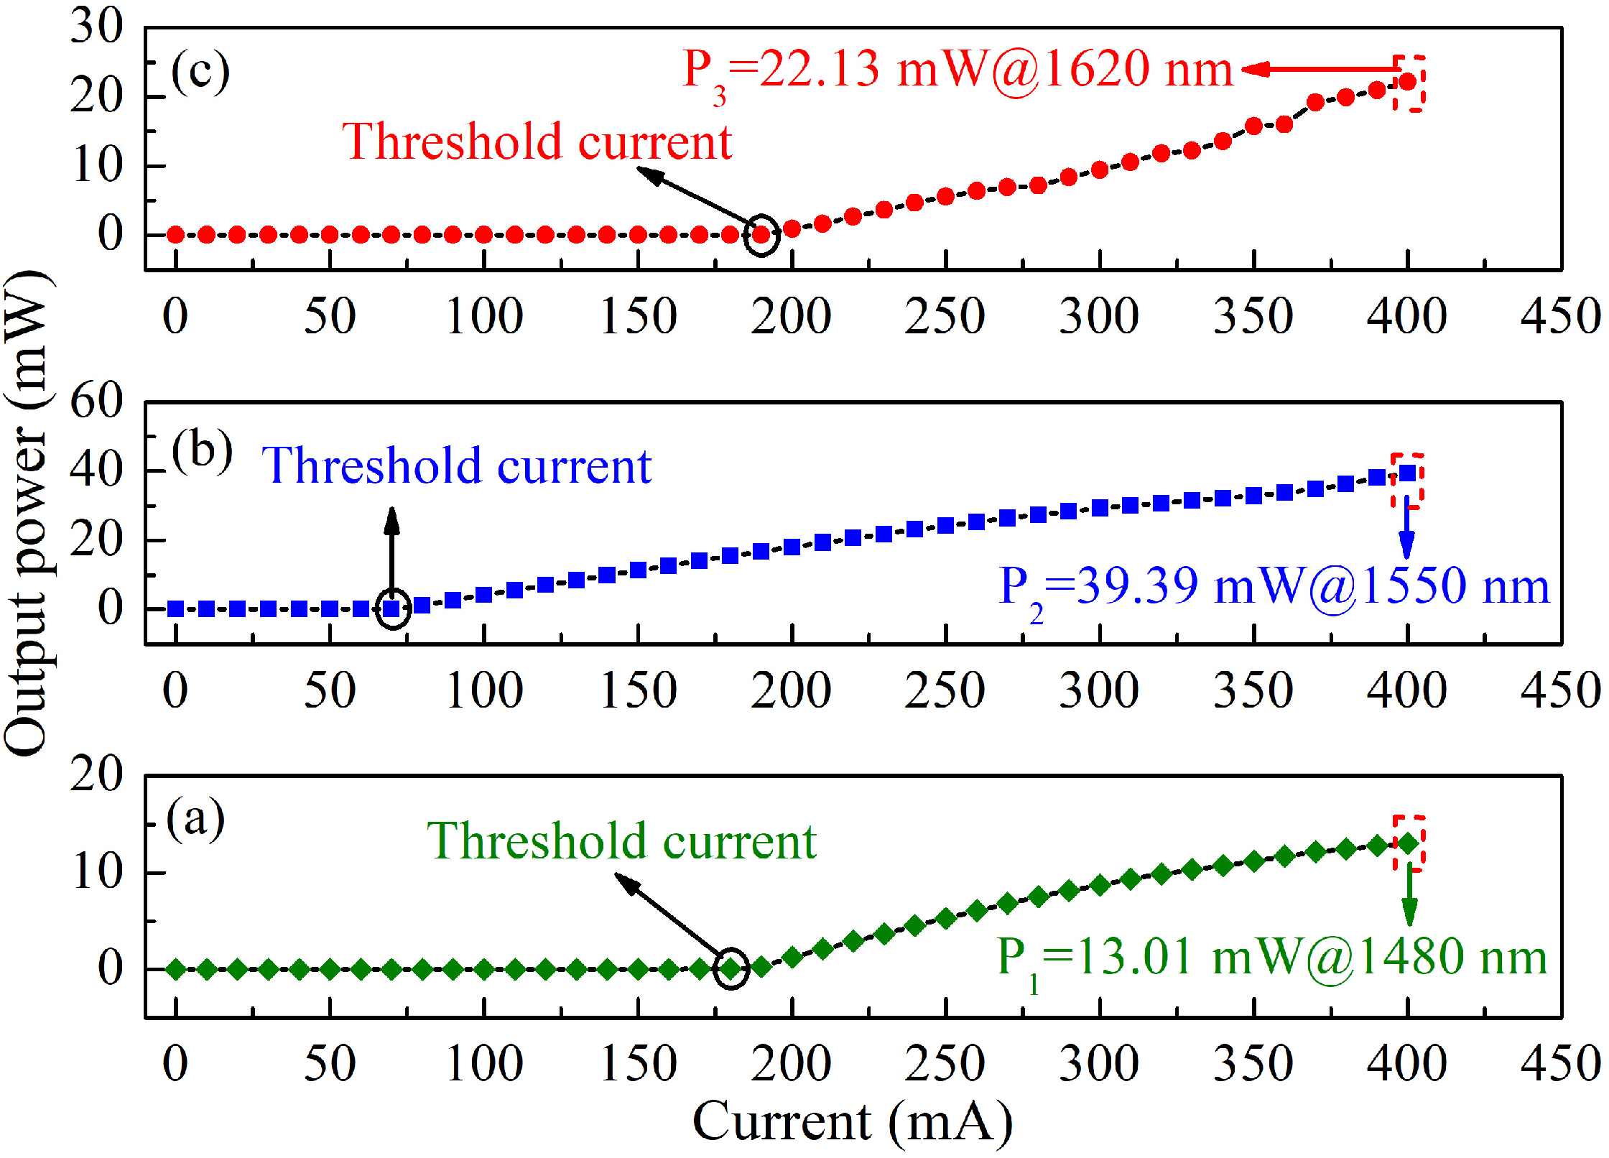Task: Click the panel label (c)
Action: pos(200,72)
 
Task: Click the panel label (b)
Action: pos(202,451)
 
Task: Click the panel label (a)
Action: pos(195,819)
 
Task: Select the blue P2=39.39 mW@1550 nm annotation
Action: pos(1273,588)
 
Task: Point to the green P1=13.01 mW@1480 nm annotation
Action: pos(1271,958)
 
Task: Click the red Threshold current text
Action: pos(537,142)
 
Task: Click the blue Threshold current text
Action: pos(456,467)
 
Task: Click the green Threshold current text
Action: pos(621,842)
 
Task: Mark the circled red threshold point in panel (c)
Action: pos(761,234)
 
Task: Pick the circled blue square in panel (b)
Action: pos(392,609)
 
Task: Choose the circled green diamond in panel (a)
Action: pos(731,969)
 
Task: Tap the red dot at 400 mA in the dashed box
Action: pos(1408,82)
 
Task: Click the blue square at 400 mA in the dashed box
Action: pos(1408,473)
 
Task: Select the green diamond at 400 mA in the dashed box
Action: pos(1408,844)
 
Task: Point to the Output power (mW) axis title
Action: pos(27,513)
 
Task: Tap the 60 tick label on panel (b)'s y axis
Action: pos(96,401)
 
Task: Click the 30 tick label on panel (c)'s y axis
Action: pos(96,27)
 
